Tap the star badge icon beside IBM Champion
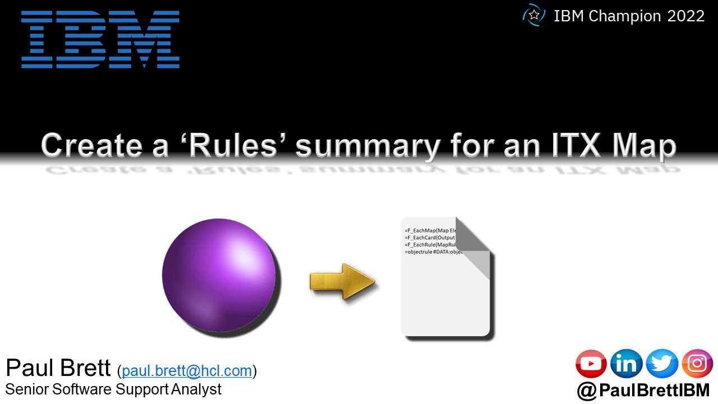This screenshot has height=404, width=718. [533, 15]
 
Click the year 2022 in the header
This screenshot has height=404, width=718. [685, 16]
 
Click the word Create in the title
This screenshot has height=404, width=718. [104, 145]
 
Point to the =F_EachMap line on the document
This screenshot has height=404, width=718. [431, 231]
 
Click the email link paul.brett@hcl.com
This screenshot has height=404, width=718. [187, 370]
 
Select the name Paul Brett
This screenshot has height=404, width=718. [58, 369]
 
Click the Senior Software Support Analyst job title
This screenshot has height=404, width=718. [113, 389]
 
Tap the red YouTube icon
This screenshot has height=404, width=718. [591, 364]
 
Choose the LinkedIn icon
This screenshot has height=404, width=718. [626, 364]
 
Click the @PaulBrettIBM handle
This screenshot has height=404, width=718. [643, 391]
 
